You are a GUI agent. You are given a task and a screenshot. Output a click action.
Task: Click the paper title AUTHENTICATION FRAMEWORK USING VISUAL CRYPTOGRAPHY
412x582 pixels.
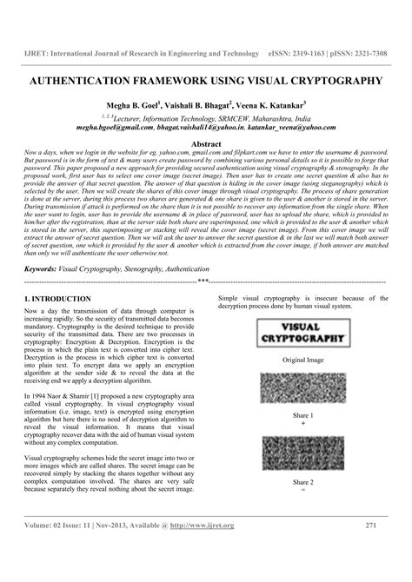(206, 80)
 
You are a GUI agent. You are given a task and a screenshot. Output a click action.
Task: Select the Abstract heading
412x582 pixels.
(206, 142)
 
